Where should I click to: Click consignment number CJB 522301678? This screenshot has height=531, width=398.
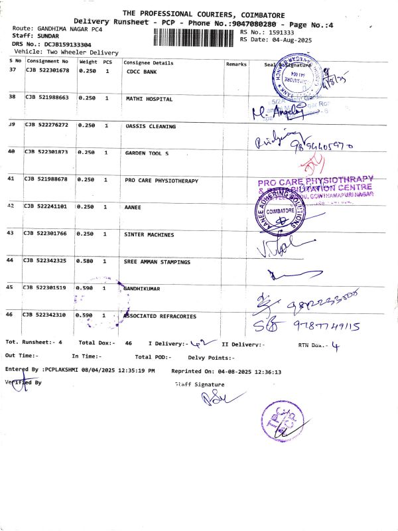tap(47, 70)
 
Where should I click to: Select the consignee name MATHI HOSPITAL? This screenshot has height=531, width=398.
tap(149, 99)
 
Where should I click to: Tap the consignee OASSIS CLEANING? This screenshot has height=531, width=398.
tap(151, 126)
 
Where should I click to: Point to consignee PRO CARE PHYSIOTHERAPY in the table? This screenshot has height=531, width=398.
tap(162, 180)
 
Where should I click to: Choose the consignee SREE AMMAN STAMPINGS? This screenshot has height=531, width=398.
tap(157, 262)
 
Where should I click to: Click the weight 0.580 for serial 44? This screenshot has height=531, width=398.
tap(87, 262)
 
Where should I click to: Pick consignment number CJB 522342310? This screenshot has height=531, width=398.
tap(47, 315)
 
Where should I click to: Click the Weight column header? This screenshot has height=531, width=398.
tap(88, 62)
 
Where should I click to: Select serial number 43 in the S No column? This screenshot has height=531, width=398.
tap(11, 234)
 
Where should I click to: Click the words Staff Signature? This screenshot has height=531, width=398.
tap(200, 384)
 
